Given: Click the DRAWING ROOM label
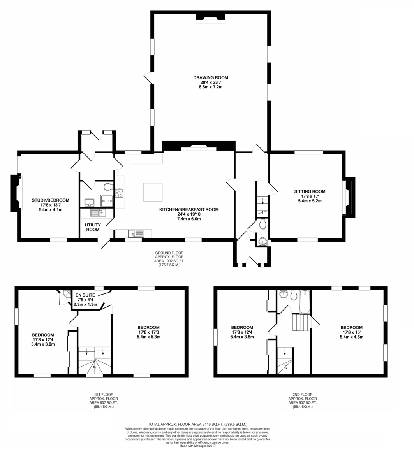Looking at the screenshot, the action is (211, 78).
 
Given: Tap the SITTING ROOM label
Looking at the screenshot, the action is (310, 191).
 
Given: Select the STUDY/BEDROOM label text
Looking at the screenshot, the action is (51, 200).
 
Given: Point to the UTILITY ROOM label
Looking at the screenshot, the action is (93, 227).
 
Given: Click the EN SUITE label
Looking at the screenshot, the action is (85, 295).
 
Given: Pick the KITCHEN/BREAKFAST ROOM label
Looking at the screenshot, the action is (189, 209).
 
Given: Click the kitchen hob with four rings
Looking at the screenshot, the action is (119, 193).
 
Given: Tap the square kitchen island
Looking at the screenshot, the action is (153, 192).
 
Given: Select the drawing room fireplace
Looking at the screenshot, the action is (210, 18).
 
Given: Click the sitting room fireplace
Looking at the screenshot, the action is (349, 198).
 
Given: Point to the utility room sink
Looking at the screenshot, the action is (98, 212).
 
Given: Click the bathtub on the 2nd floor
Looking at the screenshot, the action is (305, 302).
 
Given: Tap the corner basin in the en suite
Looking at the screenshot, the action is (67, 294).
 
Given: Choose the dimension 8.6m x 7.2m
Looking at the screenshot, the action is (211, 87).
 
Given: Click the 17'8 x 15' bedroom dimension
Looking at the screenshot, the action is (352, 332).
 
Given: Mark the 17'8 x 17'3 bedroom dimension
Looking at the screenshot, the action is (148, 332).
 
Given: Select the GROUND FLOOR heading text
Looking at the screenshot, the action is (169, 253).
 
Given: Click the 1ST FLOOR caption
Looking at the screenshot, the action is (104, 395).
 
